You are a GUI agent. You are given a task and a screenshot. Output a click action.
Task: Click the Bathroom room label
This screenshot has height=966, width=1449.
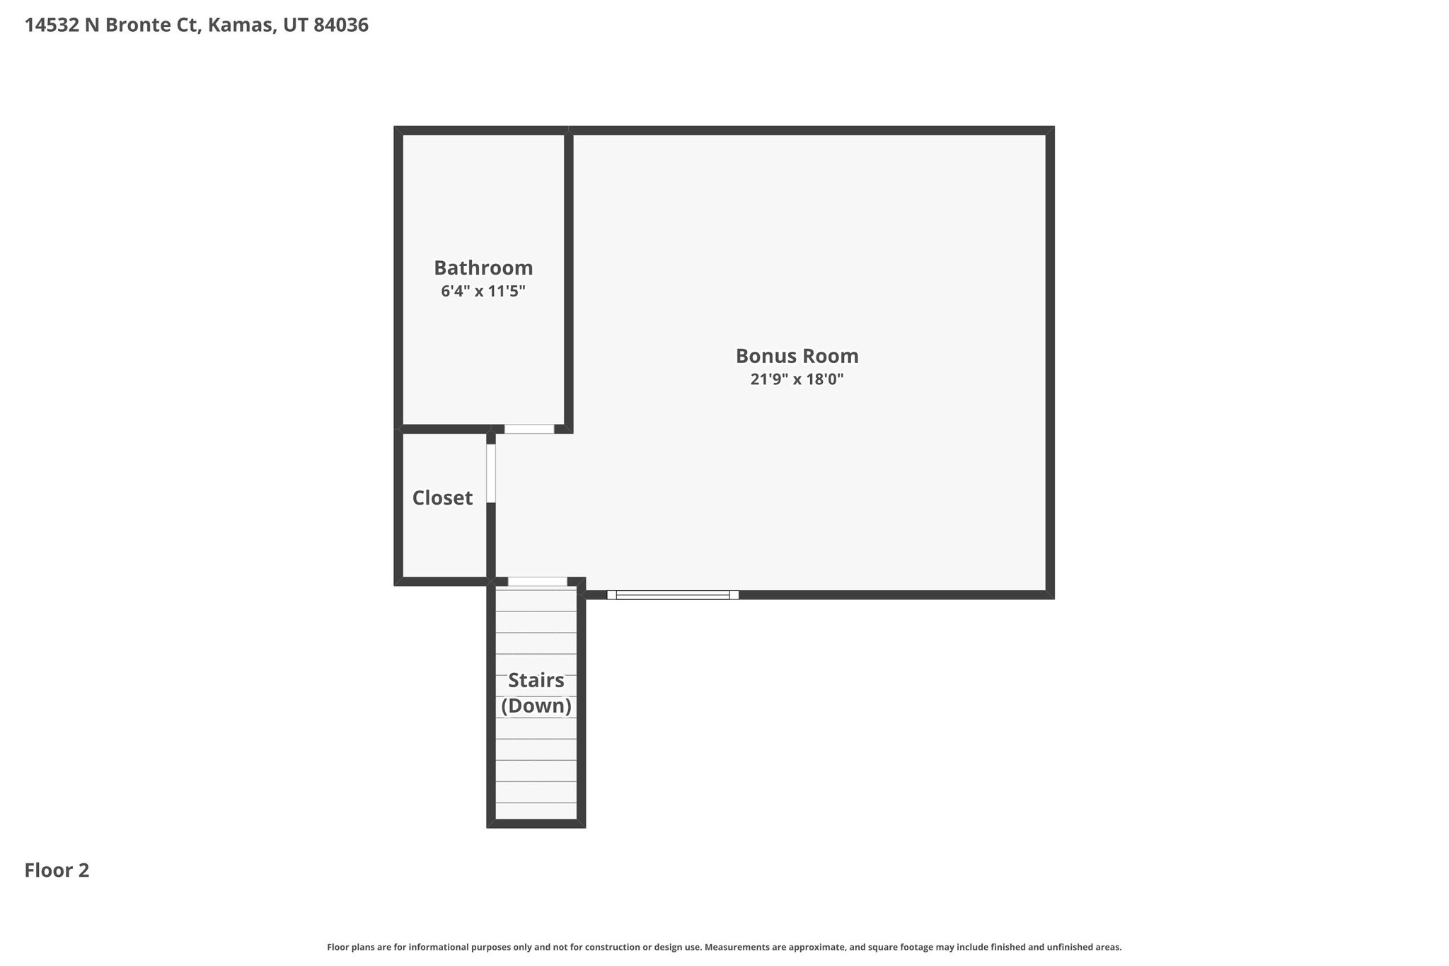point(483,268)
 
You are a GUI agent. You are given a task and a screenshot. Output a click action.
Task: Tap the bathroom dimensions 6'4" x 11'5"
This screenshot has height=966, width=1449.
point(483,291)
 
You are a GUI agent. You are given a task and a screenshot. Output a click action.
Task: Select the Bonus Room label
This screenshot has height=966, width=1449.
point(797,355)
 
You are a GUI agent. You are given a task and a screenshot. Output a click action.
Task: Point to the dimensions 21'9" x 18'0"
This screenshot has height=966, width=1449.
point(797,379)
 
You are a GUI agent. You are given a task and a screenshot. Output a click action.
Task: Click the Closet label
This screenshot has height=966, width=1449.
point(442,498)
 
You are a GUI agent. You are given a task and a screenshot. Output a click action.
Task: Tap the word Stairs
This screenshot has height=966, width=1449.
point(536,681)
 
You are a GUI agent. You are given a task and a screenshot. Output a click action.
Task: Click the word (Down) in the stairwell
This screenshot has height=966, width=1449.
point(536,706)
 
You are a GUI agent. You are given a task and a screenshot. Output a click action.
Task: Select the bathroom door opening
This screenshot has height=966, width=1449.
point(529,429)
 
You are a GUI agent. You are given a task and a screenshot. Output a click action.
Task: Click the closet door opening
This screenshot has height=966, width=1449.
point(491,473)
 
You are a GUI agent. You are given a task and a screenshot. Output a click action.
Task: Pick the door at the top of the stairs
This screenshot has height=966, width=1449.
point(538,582)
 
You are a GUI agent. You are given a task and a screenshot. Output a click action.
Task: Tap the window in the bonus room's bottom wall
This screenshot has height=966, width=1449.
point(673,595)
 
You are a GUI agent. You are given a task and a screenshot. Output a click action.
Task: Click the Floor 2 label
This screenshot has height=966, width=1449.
point(57,870)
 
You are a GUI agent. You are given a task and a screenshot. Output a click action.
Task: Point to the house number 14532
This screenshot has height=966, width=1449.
point(52,25)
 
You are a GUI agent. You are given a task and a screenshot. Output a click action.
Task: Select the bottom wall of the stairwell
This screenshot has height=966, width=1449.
point(536,824)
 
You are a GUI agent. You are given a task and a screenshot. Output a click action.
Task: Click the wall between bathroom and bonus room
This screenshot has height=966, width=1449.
point(569,280)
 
